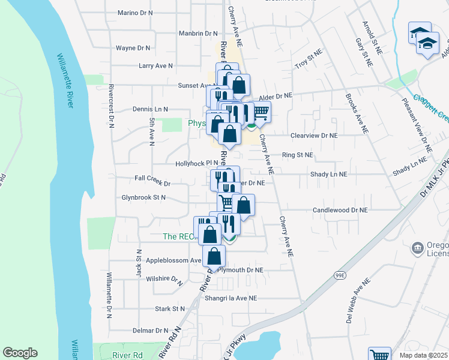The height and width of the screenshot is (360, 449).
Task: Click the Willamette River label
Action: (x=65, y=80)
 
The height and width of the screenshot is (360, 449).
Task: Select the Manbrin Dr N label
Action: (x=198, y=34)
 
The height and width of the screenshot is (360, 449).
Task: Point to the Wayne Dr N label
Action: (x=133, y=47)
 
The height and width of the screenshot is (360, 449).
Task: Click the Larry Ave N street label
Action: (x=155, y=65)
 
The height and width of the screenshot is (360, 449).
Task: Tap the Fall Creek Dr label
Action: (x=153, y=178)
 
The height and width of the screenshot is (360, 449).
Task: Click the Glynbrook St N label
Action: (x=143, y=197)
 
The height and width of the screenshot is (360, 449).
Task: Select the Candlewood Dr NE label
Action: (x=340, y=210)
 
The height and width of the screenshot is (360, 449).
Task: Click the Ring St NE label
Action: (x=298, y=155)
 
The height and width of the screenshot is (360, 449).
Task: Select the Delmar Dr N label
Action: (x=150, y=330)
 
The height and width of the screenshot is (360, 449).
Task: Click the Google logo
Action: (x=20, y=353)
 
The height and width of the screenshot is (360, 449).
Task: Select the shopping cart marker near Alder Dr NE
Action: (x=261, y=112)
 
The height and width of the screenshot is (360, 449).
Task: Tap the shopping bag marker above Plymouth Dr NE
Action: (x=215, y=256)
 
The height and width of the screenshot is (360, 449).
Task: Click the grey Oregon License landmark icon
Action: (x=416, y=247)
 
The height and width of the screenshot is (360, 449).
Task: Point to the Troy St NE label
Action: (x=309, y=62)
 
